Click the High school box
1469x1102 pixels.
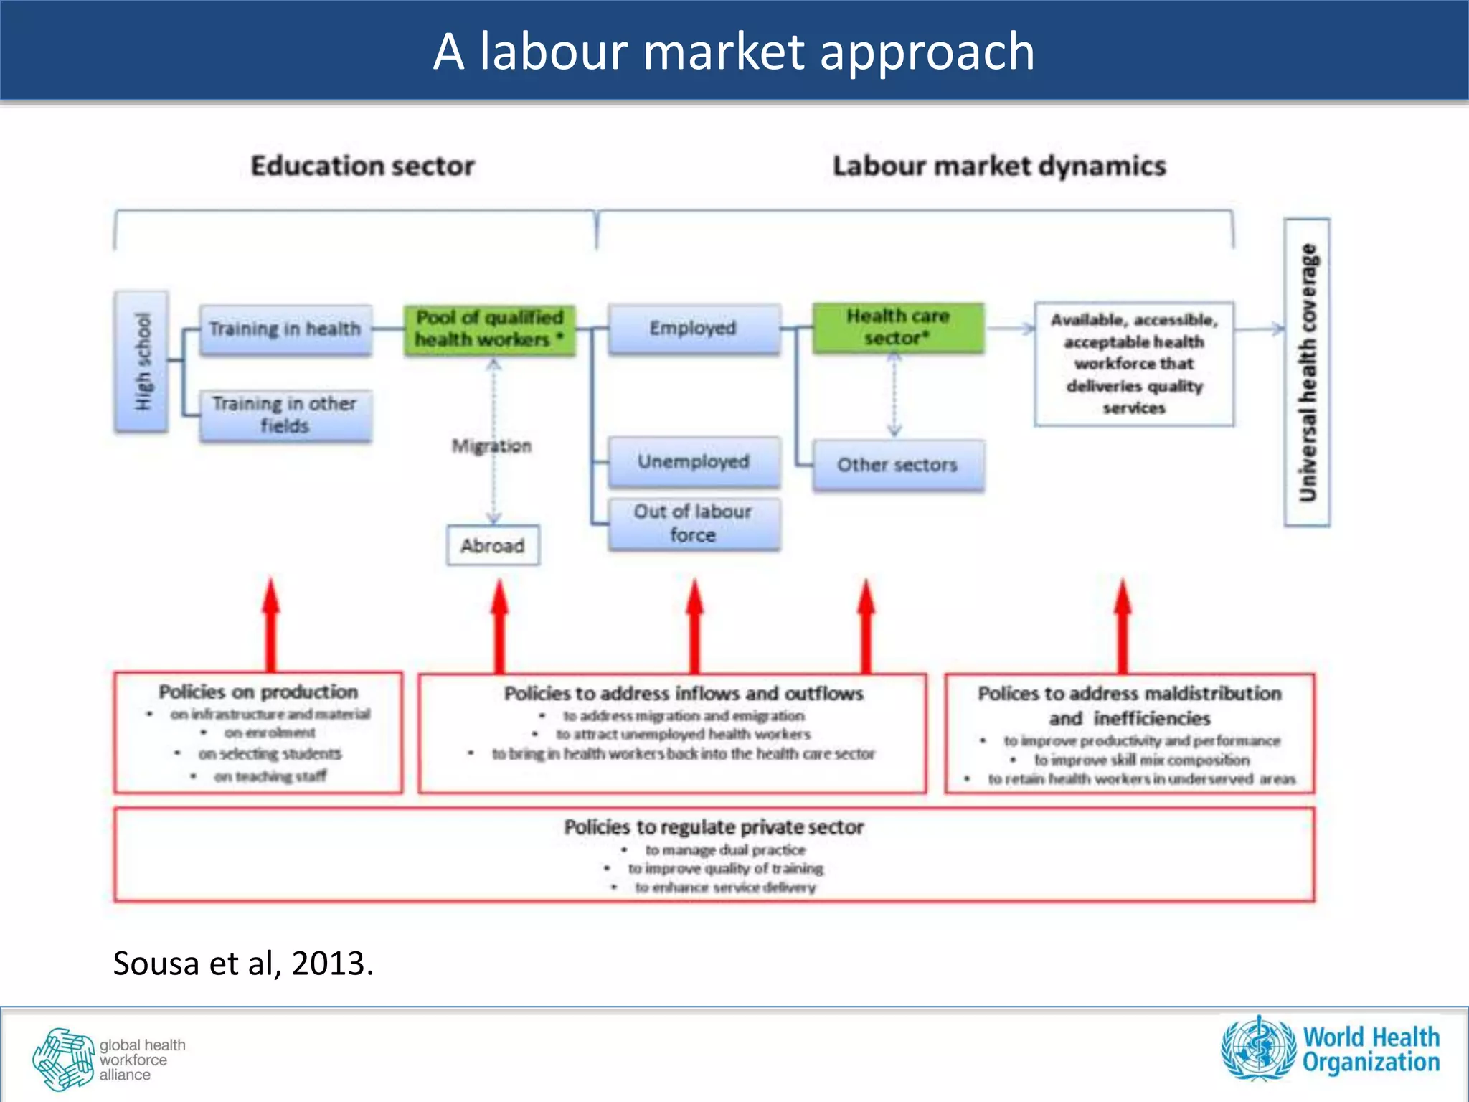click(x=142, y=362)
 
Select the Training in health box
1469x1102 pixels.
click(x=285, y=329)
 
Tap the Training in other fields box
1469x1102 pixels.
click(x=285, y=415)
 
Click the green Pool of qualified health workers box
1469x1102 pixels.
click(x=490, y=329)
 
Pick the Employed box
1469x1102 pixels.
click(x=694, y=329)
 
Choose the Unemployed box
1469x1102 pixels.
click(x=694, y=461)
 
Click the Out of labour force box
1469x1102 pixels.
click(x=694, y=524)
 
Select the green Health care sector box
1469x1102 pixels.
click(x=897, y=327)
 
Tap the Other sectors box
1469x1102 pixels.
click(x=897, y=465)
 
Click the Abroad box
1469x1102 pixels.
click(x=493, y=546)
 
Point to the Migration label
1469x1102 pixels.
click(x=492, y=446)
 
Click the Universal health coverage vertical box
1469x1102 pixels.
click(x=1306, y=372)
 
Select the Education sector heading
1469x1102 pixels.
click(x=362, y=166)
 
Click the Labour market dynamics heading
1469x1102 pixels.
click(x=999, y=166)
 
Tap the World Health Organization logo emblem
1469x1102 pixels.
click(x=1259, y=1048)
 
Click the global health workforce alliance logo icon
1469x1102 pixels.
click(x=63, y=1059)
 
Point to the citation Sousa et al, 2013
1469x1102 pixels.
click(x=243, y=963)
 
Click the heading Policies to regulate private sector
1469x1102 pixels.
click(x=714, y=827)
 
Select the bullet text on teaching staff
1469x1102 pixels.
click(x=270, y=776)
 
